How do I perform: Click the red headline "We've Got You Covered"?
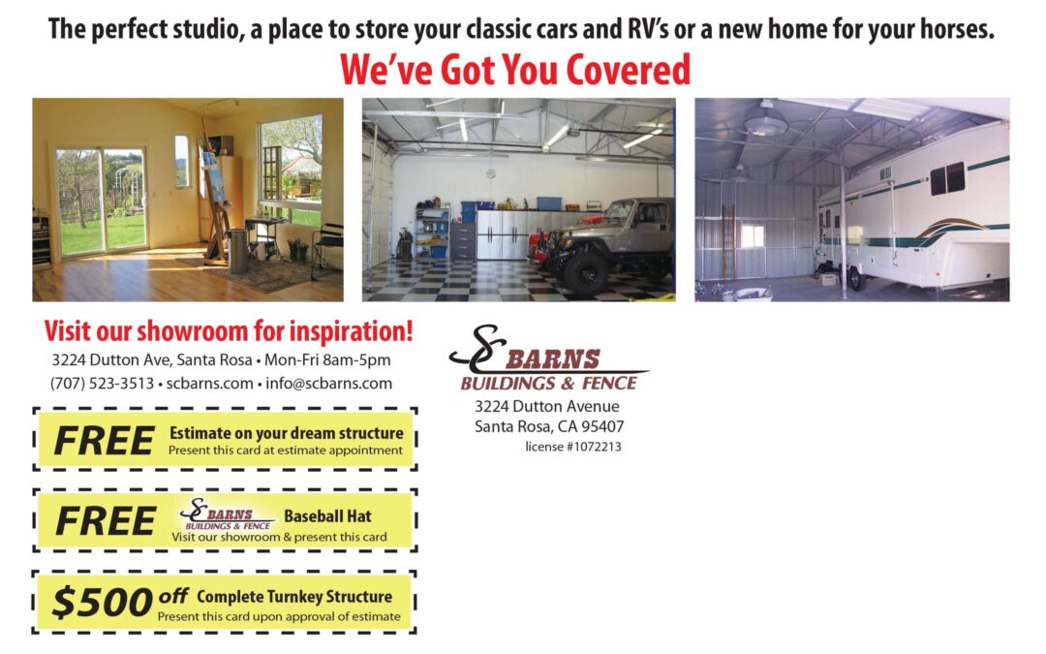click(x=515, y=70)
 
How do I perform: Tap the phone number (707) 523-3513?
click(x=102, y=384)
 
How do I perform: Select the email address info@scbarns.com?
click(x=329, y=384)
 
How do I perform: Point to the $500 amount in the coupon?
click(x=103, y=602)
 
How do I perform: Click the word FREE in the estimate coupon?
click(x=104, y=441)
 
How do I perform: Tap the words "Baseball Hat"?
click(x=327, y=515)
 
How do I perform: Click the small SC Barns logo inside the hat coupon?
click(x=227, y=514)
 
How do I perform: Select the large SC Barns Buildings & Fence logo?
click(x=548, y=358)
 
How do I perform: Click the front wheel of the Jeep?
click(x=585, y=271)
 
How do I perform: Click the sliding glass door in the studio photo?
click(x=102, y=202)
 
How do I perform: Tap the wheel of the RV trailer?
click(x=856, y=278)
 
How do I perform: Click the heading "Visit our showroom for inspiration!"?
click(x=229, y=331)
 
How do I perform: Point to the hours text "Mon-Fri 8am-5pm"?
click(x=327, y=360)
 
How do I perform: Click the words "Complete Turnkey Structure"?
click(x=294, y=597)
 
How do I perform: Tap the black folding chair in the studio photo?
click(x=327, y=250)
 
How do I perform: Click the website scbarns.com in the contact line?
click(x=209, y=384)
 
